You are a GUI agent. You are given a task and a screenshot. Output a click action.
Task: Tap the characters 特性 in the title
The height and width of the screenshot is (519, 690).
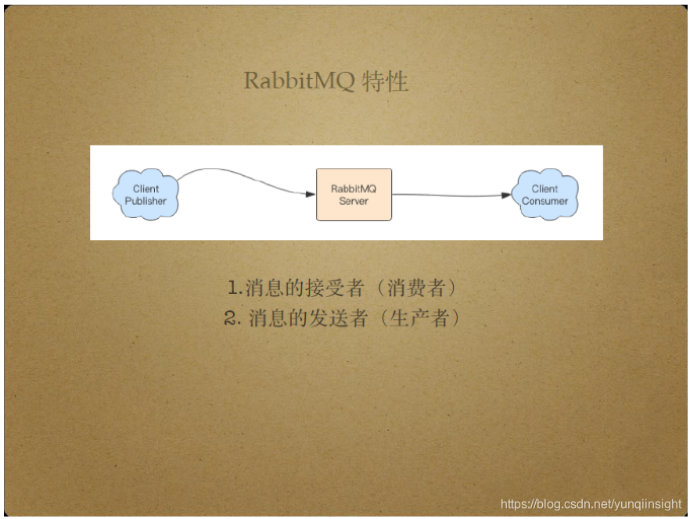tap(386, 81)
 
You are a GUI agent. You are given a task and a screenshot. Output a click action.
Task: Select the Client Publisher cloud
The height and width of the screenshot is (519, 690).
tap(146, 194)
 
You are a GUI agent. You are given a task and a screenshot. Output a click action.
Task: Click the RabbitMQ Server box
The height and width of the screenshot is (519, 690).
tap(354, 195)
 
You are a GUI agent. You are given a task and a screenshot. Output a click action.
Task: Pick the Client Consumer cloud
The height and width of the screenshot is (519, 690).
tap(545, 194)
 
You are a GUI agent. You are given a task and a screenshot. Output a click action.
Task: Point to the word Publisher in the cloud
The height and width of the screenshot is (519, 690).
tap(146, 201)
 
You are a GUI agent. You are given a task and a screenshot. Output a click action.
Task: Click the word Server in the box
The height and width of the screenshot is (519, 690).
tap(354, 201)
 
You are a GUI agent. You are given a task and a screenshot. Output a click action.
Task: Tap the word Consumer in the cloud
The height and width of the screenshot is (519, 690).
tap(545, 201)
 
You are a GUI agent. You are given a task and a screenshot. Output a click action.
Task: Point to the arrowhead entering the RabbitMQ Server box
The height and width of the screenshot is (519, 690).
tap(310, 194)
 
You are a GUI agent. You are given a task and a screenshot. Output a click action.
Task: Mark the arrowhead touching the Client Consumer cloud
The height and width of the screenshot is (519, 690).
tap(506, 195)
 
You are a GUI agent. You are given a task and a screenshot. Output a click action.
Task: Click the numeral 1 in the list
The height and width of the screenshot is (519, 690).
tap(233, 288)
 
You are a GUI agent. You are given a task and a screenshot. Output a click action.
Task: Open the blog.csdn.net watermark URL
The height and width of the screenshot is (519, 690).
tap(591, 504)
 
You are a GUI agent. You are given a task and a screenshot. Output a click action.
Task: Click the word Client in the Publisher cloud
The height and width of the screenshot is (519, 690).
tap(146, 188)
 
